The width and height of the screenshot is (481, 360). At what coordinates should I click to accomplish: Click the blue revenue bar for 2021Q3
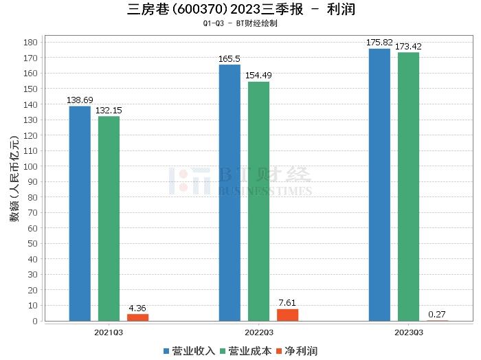pos(80,213)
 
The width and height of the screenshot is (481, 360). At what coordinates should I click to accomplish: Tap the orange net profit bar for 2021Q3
pos(137,317)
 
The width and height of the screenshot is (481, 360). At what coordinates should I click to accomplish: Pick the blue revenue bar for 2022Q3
pos(230,192)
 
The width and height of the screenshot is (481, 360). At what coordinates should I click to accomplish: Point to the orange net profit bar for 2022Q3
pos(287,315)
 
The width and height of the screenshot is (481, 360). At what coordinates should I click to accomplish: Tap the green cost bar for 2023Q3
pos(408,186)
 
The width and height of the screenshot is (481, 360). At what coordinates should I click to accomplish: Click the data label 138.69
pos(79,100)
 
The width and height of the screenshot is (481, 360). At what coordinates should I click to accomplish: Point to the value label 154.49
pos(258,76)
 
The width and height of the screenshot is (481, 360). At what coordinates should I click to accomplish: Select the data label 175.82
pos(379,43)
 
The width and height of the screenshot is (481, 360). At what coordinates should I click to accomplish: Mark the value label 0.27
pos(437,315)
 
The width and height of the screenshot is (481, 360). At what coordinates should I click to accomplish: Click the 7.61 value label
pos(287,303)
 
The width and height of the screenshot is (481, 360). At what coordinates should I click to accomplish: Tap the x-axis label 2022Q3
pos(258,332)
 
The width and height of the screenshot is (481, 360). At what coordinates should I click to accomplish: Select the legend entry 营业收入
pos(189,351)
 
